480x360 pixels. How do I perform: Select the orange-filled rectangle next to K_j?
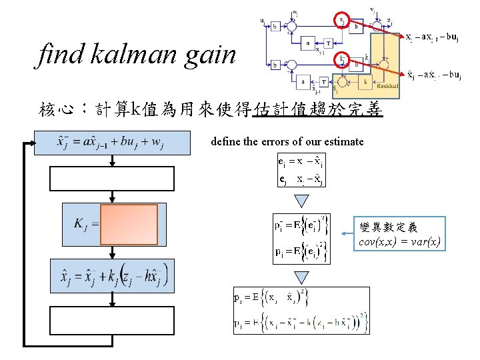(x=130, y=225)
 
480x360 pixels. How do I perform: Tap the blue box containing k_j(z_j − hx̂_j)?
(x=112, y=275)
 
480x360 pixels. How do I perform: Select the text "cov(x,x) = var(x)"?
(x=399, y=242)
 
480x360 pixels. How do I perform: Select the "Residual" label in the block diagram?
(x=387, y=86)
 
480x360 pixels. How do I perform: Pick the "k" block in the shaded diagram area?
(x=365, y=81)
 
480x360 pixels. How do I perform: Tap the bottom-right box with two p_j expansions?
(x=301, y=310)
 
